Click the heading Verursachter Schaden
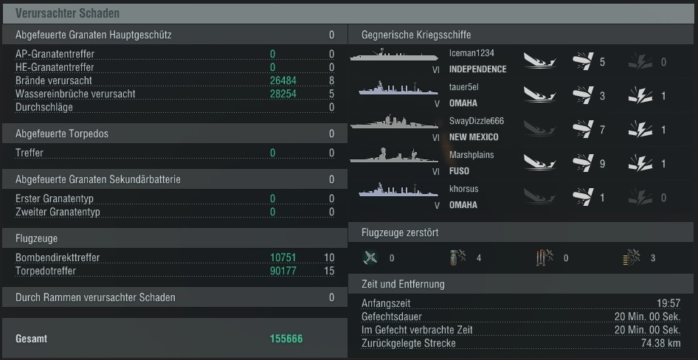point(67,13)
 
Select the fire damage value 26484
point(283,80)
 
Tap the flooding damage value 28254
point(283,94)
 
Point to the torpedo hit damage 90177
point(283,271)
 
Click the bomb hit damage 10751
point(283,257)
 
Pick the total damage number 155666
point(286,339)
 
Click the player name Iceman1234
point(471,53)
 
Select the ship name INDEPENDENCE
point(477,69)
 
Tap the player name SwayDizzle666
point(477,121)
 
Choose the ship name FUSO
point(459,171)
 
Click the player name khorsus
point(463,189)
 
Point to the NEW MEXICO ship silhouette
point(394,122)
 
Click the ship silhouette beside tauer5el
point(398,88)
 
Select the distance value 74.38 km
point(660,344)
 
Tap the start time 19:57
point(668,303)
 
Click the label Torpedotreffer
point(46,271)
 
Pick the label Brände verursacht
point(54,80)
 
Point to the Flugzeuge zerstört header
point(400,232)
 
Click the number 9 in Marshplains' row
point(602,164)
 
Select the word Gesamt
point(31,339)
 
